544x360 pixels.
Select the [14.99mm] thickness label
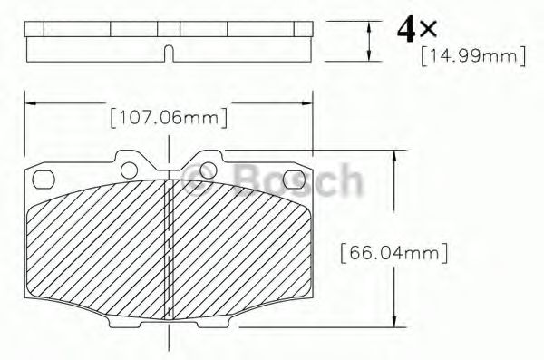473,56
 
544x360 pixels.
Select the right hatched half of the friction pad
240,245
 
